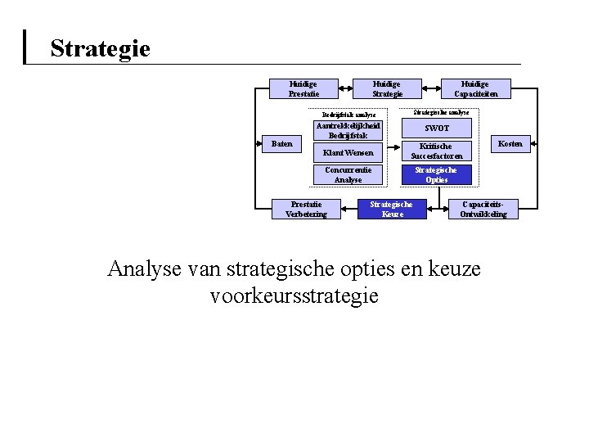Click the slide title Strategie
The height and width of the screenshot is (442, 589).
point(100,48)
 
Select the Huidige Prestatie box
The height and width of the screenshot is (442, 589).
point(303,88)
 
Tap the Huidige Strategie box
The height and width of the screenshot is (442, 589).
point(387,88)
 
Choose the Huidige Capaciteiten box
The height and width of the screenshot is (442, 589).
point(474,88)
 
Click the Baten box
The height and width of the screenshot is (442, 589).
point(281,143)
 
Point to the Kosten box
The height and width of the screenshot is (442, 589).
point(510,143)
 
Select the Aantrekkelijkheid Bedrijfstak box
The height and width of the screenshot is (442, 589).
point(348,131)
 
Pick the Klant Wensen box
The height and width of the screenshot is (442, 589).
point(348,153)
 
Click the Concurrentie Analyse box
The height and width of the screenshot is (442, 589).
point(348,175)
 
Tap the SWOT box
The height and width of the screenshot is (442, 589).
point(437,129)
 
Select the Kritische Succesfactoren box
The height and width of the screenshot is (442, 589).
point(437,151)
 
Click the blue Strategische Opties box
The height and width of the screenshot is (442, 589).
point(437,175)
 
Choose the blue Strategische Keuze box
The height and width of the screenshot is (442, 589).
point(393,210)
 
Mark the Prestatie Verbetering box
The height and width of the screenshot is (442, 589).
point(306,210)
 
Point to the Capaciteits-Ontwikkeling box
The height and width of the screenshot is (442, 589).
point(483,210)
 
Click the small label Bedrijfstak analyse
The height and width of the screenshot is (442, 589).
point(348,115)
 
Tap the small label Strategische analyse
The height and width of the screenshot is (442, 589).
point(441,111)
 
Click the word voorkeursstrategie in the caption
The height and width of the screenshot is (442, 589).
point(294,295)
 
